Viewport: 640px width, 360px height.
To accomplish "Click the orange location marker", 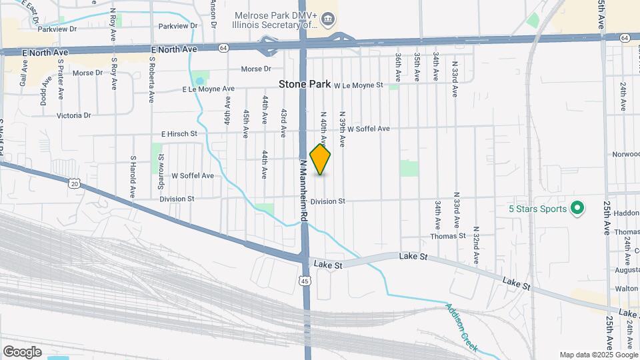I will pyautogui.click(x=321, y=159).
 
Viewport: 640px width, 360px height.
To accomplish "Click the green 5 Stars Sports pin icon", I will pyautogui.click(x=578, y=209).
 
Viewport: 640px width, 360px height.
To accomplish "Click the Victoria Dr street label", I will pyautogui.click(x=73, y=115).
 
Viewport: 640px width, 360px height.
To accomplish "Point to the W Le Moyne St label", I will pyautogui.click(x=359, y=85).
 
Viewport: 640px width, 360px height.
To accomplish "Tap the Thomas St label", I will pyautogui.click(x=447, y=236).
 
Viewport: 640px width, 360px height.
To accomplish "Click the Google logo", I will pyautogui.click(x=22, y=351).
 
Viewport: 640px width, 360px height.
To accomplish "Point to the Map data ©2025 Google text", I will pyautogui.click(x=598, y=355).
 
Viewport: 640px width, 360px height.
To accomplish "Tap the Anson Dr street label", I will pyautogui.click(x=213, y=12).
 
